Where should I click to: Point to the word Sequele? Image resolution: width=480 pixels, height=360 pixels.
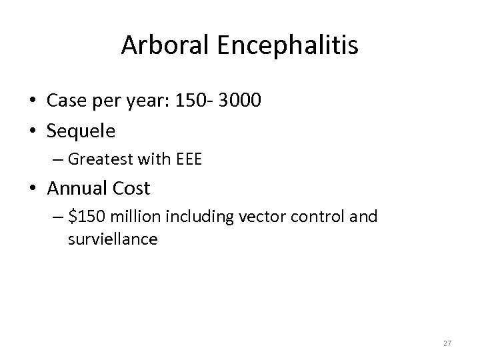81,130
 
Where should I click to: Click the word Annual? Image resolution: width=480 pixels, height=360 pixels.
76,189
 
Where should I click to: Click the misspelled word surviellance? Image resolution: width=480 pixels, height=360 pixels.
113,239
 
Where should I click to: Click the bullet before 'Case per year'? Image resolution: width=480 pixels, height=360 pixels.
33,101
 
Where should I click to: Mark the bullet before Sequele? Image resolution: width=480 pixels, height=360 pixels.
33,131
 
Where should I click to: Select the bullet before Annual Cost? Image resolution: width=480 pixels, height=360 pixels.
33,189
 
